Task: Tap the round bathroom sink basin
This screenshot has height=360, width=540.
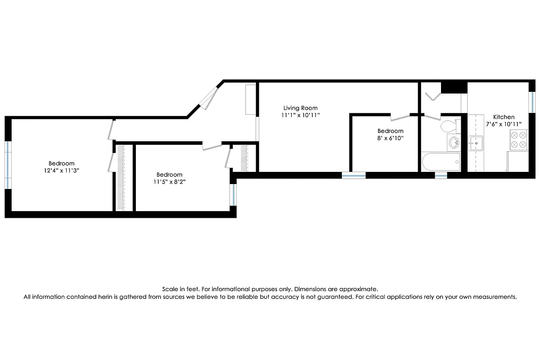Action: point(454,143)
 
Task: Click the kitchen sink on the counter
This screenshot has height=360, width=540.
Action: point(476,143)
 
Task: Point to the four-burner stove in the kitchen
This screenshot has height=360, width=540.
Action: point(518,139)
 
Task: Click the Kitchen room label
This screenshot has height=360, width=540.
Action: point(504,117)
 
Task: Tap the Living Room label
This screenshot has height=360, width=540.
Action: point(300,108)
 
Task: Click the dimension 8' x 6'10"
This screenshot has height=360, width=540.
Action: point(390,139)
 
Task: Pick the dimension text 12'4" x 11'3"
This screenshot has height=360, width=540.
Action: point(62,171)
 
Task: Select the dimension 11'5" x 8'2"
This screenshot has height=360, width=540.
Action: point(169,182)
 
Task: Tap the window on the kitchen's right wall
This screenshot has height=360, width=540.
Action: point(531,103)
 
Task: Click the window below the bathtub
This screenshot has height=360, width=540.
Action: point(441,175)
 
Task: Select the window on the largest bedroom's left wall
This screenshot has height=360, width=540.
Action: point(8,165)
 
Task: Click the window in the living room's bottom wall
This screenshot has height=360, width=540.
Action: point(353,175)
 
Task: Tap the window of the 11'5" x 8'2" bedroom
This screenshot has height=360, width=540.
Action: point(233,194)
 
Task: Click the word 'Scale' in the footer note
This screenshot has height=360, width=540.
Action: point(170,289)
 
